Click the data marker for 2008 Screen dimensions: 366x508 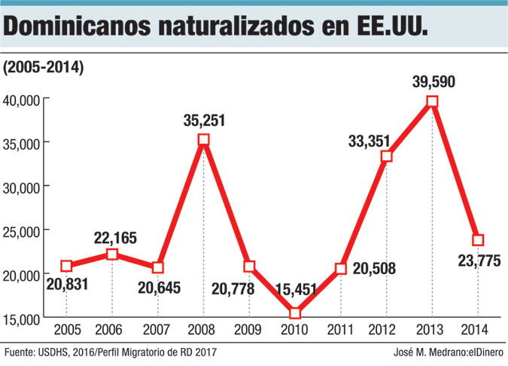[203, 139]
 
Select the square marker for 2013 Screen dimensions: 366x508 [432, 102]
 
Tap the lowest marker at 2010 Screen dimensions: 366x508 [295, 313]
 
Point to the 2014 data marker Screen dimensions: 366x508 [478, 240]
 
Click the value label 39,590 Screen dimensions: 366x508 [433, 81]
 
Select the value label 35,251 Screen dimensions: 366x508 [203, 120]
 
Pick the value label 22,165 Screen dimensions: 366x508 [114, 238]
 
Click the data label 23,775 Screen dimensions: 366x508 [478, 261]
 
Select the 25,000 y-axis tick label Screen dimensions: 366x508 [26, 231]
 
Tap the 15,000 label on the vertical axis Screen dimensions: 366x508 [26, 319]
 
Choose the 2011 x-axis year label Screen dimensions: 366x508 [341, 330]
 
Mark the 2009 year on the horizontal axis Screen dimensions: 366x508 [249, 330]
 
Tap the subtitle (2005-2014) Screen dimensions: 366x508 [44, 67]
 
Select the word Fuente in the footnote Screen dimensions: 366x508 [19, 352]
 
